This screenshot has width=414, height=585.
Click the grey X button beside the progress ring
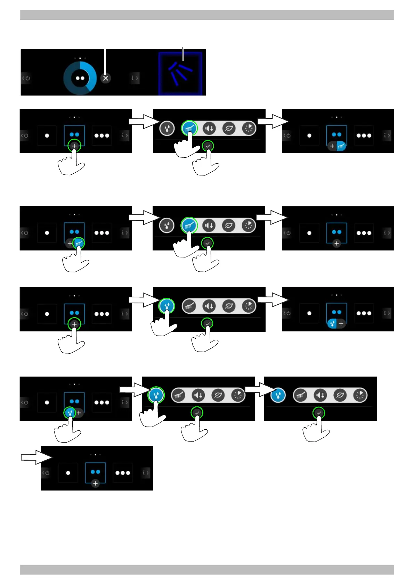pyautogui.click(x=106, y=78)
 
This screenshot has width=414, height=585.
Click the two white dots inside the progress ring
pyautogui.click(x=80, y=78)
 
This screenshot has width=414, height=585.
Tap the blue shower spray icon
pyautogui.click(x=180, y=73)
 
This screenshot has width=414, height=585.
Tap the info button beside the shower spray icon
pyautogui.click(x=135, y=78)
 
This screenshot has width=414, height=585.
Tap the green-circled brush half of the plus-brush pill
pyautogui.click(x=79, y=244)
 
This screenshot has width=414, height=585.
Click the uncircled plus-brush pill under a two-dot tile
pyautogui.click(x=337, y=146)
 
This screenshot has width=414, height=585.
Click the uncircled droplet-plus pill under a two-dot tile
pyautogui.click(x=336, y=324)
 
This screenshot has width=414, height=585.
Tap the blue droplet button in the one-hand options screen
pyautogui.click(x=278, y=395)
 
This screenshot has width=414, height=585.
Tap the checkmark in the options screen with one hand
pyautogui.click(x=319, y=413)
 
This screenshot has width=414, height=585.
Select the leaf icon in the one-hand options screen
pyautogui.click(x=340, y=395)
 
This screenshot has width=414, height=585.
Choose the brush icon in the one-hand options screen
pyautogui.click(x=300, y=395)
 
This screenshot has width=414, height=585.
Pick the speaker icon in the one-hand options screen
pyautogui.click(x=320, y=395)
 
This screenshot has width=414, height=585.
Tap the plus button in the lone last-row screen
pyautogui.click(x=95, y=483)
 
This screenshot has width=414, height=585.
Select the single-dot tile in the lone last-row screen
pyautogui.click(x=68, y=473)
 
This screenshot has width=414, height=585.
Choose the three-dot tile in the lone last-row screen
pyautogui.click(x=123, y=473)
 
